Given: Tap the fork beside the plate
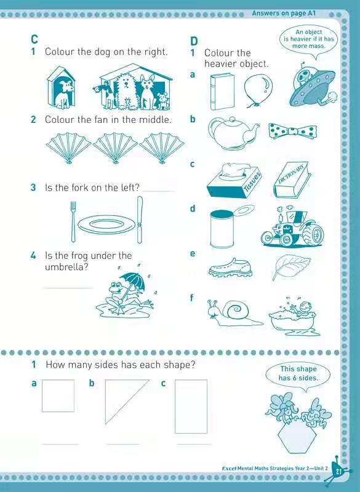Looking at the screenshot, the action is point(73,221).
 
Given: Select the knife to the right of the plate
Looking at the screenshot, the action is point(140,220).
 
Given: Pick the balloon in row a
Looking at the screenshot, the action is point(258,90).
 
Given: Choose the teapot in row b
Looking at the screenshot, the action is point(233,133).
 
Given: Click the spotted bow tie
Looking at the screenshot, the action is point(292,131).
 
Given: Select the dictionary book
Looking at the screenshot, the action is point(292,180).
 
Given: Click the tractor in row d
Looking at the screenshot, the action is point(292,226).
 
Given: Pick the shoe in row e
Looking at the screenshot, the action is point(230,268).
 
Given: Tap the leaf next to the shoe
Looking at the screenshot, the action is point(290,266).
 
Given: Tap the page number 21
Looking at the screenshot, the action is point(338,472).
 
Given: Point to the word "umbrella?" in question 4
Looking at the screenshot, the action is point(67,267).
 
